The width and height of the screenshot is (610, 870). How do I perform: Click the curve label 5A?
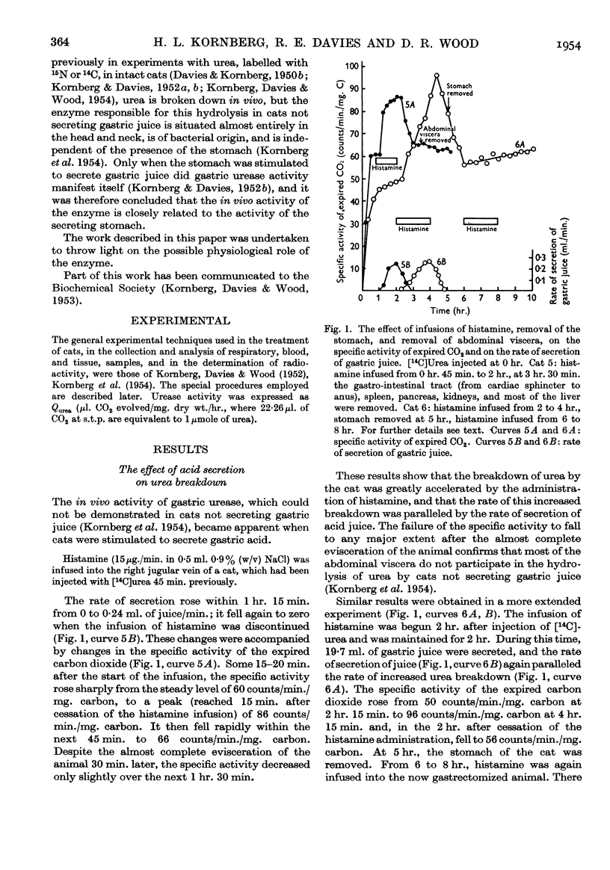coord(410,105)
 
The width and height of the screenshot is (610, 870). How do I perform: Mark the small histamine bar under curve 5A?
coord(385,160)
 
